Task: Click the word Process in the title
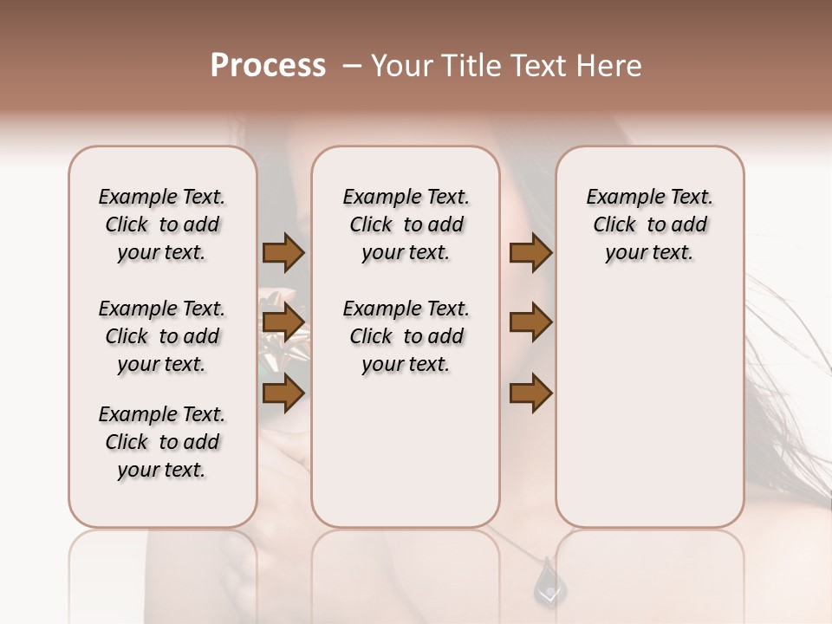pos(268,66)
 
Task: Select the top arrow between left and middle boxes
pos(283,253)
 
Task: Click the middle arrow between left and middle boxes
pos(283,322)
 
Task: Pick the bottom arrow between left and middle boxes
pos(283,393)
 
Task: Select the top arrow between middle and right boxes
pos(531,253)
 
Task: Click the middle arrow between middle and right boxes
pos(531,322)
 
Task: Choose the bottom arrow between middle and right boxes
pos(531,393)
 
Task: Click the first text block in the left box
pos(162,224)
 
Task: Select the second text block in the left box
pos(162,336)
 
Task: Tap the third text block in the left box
pos(162,442)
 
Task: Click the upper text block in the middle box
pos(406,224)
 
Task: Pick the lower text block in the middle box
pos(406,336)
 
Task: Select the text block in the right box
pos(650,224)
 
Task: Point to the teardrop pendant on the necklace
pos(548,580)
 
